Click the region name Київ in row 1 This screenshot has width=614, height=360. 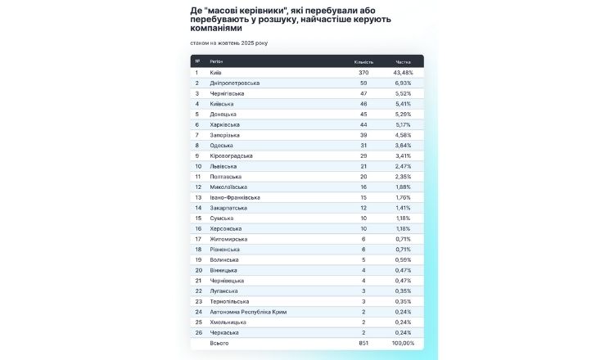216,73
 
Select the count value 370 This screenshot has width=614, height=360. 363,73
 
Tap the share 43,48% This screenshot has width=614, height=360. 403,73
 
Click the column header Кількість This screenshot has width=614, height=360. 363,61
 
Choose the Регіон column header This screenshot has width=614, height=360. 217,61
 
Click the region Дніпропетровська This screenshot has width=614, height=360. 235,83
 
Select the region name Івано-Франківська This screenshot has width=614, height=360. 236,197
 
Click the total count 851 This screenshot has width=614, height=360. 363,344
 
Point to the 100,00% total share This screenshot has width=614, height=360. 402,344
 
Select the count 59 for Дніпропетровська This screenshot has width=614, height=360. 363,83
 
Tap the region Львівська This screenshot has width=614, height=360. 223,166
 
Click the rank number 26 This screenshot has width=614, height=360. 197,332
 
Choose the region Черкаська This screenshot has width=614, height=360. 224,332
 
